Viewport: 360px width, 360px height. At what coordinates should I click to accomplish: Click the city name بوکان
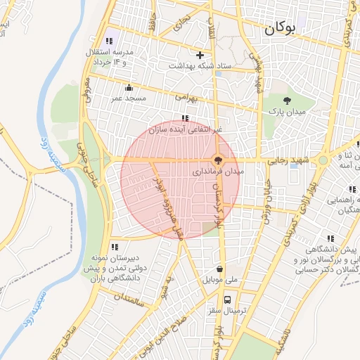(x=279, y=30)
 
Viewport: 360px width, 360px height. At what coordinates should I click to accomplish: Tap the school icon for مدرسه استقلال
(x=108, y=41)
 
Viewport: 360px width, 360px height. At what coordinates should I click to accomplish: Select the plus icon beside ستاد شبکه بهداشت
(x=200, y=54)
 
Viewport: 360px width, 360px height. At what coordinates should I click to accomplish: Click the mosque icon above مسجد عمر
(x=128, y=88)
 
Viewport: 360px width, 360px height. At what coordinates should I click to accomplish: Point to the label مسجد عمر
(x=127, y=98)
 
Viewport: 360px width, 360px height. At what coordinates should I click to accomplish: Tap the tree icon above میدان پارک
(x=288, y=101)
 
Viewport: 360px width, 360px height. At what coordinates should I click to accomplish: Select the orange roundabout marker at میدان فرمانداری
(x=218, y=160)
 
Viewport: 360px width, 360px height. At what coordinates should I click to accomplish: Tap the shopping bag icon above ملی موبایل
(x=221, y=268)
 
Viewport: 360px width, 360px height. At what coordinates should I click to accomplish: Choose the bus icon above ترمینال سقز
(x=226, y=299)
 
